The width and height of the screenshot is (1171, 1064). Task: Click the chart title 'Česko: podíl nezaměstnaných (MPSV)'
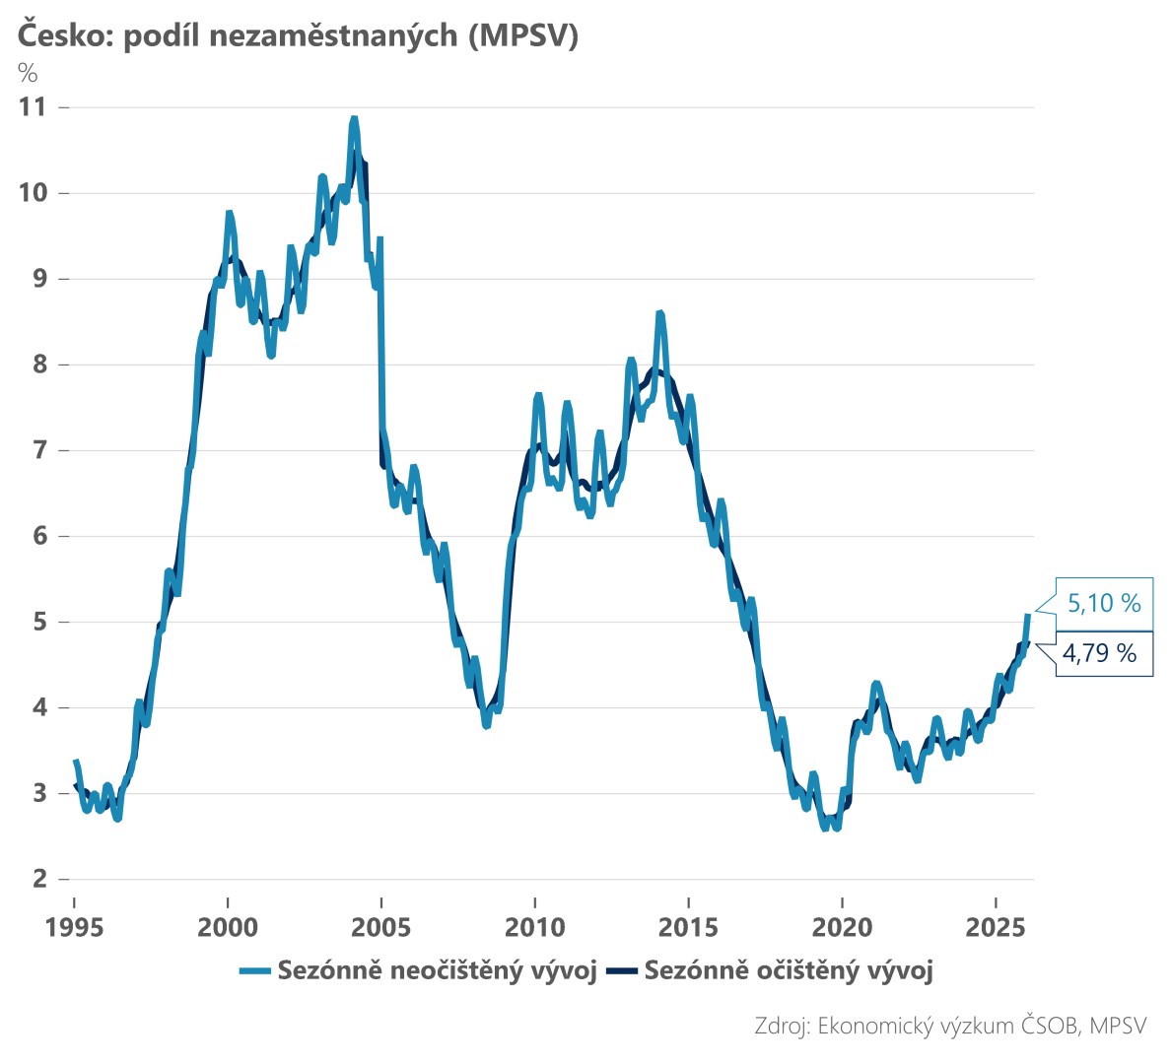(296, 35)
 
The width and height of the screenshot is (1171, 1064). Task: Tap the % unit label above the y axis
(28, 73)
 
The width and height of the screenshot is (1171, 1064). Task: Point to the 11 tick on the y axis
(33, 106)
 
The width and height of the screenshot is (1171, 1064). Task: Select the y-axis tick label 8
(38, 365)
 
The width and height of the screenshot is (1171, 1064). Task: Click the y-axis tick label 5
(38, 622)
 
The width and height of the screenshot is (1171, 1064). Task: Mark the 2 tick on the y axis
(38, 879)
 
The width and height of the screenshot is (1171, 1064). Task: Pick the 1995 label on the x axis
(74, 927)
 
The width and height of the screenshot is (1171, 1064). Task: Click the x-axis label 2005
(381, 927)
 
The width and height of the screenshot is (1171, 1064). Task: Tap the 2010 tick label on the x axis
(535, 927)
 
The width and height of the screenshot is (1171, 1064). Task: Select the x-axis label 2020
(843, 927)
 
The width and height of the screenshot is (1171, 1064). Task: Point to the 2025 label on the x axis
(996, 927)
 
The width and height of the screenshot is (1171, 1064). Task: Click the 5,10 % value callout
(1104, 603)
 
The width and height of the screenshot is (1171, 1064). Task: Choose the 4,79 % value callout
(1100, 652)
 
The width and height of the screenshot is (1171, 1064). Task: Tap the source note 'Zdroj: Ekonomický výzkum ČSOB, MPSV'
(950, 1025)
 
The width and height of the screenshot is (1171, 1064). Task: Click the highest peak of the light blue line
(354, 119)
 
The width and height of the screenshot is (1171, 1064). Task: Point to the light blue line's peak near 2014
(659, 313)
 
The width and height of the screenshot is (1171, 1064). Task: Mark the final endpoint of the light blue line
(1028, 616)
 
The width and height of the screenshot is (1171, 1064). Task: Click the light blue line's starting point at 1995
(75, 761)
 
